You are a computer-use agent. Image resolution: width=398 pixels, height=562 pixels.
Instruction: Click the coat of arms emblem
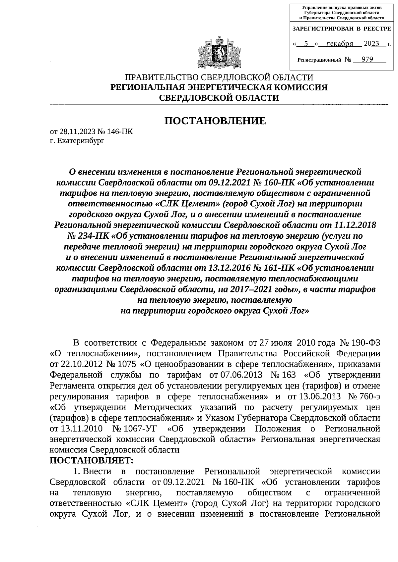[x=218, y=52]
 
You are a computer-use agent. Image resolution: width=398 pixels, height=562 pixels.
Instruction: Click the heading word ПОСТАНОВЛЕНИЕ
[x=216, y=121]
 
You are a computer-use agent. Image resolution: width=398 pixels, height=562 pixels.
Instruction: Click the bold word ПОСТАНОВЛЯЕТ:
[x=91, y=460]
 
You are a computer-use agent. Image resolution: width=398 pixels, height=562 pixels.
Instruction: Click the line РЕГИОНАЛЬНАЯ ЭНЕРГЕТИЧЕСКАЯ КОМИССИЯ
[x=219, y=87]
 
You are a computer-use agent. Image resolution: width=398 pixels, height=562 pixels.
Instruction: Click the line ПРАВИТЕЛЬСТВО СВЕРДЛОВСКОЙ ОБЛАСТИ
[x=219, y=77]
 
